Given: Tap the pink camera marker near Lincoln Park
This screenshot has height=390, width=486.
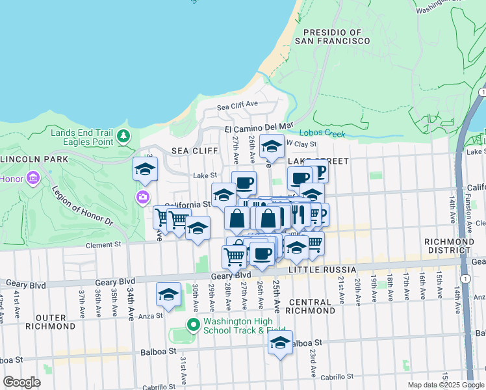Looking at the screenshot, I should pos(142,196).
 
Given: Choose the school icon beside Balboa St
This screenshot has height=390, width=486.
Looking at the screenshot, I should pos(280,343).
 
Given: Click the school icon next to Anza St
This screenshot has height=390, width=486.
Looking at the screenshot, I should pos(168,294).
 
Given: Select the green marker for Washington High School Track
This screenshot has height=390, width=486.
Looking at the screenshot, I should pos(192,324).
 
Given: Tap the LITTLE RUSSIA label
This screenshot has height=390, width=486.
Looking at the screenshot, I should pos(323,269).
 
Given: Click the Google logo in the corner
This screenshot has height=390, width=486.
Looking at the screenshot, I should pos(21,382).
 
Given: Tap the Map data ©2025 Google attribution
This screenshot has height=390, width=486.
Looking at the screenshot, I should pos(445,385).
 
